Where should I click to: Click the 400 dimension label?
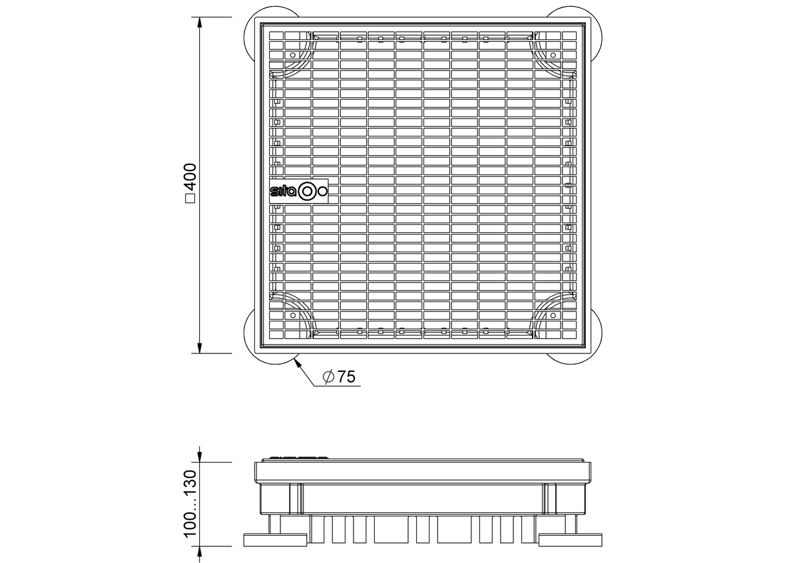click(191, 178)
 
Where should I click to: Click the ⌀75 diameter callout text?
click(339, 377)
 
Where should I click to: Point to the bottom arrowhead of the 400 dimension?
click(200, 348)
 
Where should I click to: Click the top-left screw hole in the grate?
click(293, 55)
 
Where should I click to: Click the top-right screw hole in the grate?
click(553, 55)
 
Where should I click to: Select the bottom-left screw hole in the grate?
click(293, 315)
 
